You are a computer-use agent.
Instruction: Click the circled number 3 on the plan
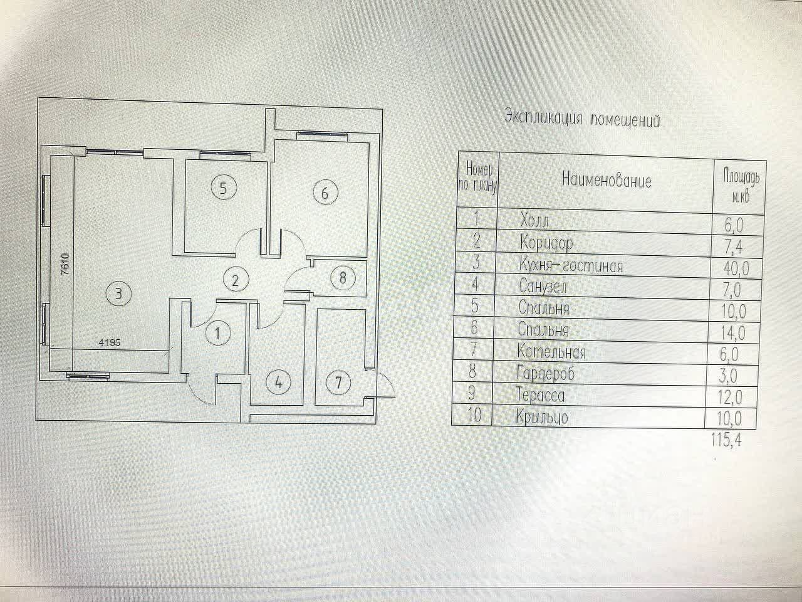[x=119, y=292]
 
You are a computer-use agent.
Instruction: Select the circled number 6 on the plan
[x=325, y=193]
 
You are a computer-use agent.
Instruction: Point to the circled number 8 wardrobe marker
[x=342, y=277]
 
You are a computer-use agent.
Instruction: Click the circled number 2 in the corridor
[x=236, y=279]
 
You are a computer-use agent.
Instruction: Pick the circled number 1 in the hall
[x=217, y=333]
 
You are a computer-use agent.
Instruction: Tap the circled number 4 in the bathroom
[x=279, y=382]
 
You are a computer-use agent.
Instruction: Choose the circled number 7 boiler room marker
[x=339, y=382]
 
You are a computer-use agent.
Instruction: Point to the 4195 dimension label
[x=109, y=342]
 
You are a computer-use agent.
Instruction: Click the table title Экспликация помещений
[x=583, y=119]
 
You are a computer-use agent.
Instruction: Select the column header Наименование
[x=607, y=181]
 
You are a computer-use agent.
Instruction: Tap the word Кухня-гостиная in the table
[x=571, y=266]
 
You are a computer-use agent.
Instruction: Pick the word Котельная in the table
[x=552, y=351]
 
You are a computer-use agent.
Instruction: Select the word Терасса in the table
[x=540, y=395]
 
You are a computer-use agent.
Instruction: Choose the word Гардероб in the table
[x=545, y=373]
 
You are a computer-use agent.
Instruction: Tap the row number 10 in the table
[x=474, y=415]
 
